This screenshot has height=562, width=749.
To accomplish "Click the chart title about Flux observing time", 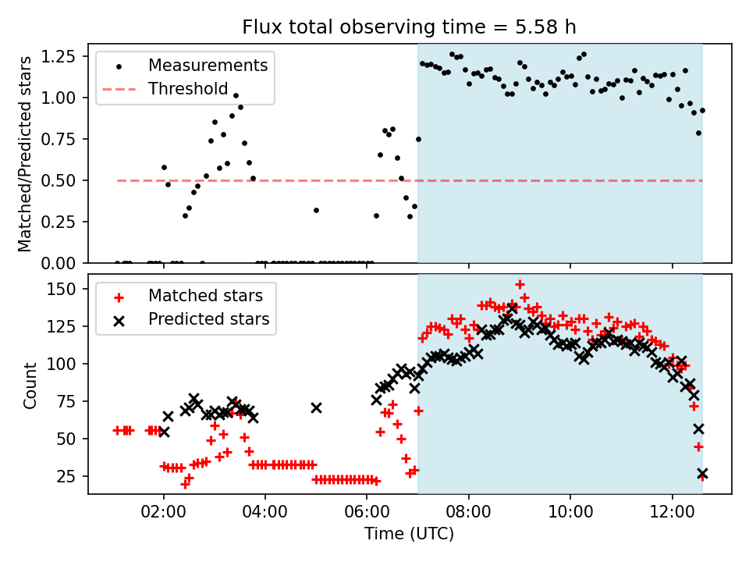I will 410,27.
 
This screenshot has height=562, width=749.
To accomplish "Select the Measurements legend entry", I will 208,65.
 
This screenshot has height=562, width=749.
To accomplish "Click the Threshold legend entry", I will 187,89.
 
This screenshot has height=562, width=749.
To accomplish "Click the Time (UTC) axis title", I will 410,535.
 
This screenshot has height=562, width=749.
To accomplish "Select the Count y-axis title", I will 30,385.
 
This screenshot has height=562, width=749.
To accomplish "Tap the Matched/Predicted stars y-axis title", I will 25,154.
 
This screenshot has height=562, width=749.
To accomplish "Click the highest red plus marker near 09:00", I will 520,284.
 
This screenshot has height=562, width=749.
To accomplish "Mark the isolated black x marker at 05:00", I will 316,407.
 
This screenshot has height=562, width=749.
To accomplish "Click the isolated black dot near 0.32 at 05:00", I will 316,210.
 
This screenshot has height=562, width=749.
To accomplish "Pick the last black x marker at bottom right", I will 703,474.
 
